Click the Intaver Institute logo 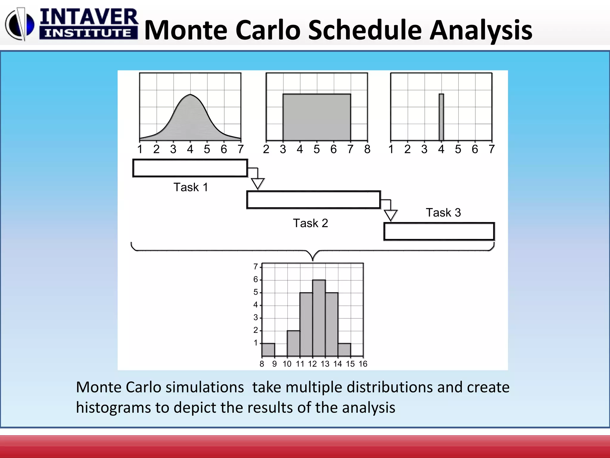click(71, 24)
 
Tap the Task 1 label click(191, 187)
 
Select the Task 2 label click(310, 223)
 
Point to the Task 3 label click(443, 213)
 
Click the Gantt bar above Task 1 click(190, 168)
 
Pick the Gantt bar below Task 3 click(439, 231)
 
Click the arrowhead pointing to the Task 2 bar click(258, 183)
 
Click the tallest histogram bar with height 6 click(319, 318)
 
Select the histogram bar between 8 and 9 click(268, 350)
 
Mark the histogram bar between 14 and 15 click(344, 350)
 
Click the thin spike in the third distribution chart click(441, 117)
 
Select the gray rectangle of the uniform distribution click(317, 117)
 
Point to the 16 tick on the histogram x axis click(363, 364)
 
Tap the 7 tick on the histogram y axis click(256, 267)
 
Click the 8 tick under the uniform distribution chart click(367, 149)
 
